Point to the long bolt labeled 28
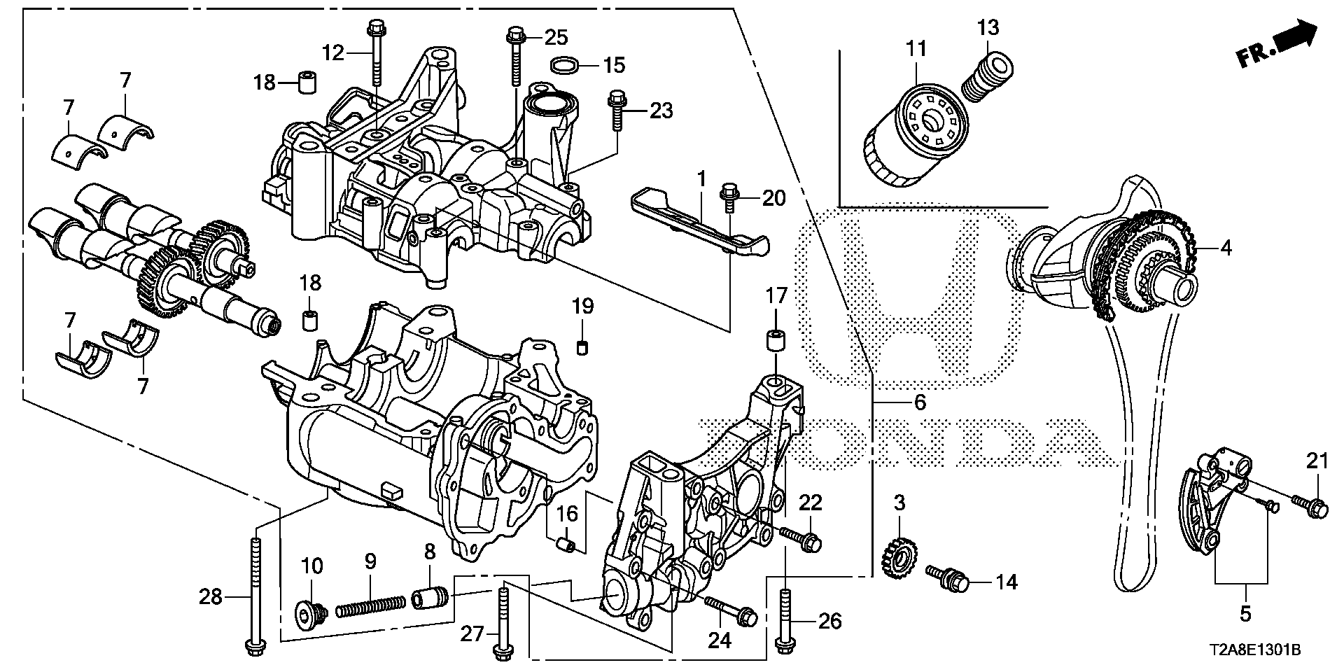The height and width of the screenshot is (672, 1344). coord(254,595)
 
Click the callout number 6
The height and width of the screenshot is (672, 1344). coord(920,402)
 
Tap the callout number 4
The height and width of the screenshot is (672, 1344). coord(1226,248)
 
